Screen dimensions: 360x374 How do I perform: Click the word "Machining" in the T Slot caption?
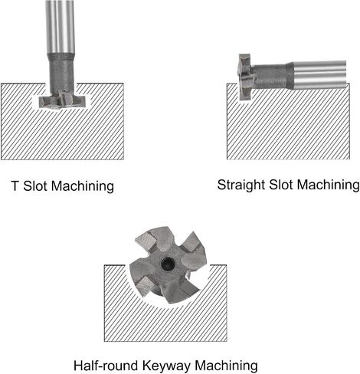click(83, 186)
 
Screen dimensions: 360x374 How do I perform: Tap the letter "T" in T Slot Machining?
click(15, 185)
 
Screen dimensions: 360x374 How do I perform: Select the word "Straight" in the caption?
click(241, 185)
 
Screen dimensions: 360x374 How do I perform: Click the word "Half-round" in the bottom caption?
click(106, 366)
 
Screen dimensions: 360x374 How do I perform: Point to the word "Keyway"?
click(166, 366)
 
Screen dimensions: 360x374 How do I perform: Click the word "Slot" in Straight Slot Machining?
click(280, 185)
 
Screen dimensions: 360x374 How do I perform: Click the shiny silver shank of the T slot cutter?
click(61, 27)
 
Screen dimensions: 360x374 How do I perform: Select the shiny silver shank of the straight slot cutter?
click(320, 75)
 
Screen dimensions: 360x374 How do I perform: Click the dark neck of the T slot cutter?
click(61, 74)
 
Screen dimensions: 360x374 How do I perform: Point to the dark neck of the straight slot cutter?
click(272, 76)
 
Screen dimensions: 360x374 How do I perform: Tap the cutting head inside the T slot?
click(64, 102)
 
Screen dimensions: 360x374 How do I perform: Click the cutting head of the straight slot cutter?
click(245, 77)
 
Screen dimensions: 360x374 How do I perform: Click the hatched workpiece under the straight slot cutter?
click(288, 125)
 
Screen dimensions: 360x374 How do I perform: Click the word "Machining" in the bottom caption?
click(226, 366)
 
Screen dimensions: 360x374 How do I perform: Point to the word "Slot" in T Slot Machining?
click(34, 185)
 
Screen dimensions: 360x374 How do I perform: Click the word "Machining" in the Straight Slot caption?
click(328, 185)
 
